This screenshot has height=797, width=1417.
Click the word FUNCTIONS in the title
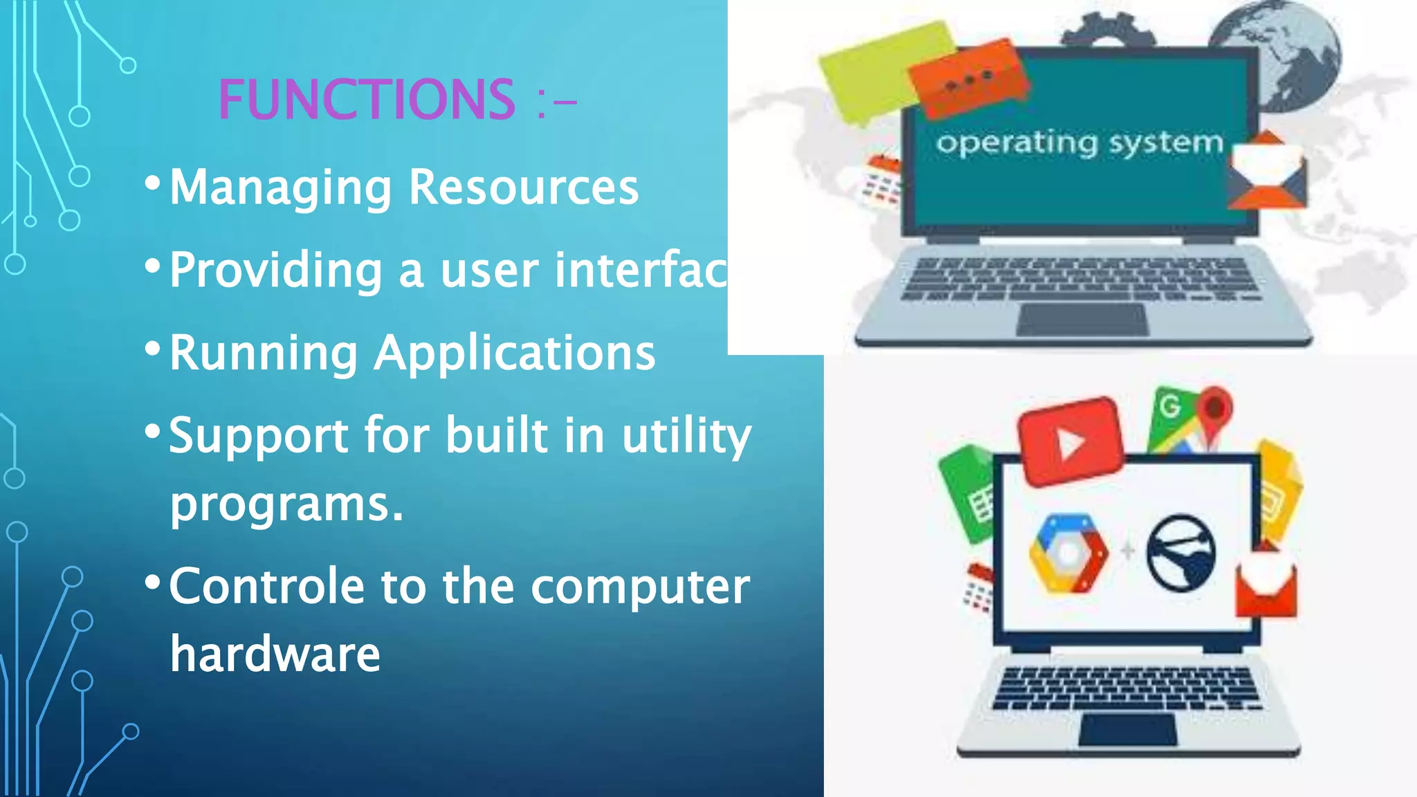click(367, 100)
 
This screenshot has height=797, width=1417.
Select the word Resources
click(524, 187)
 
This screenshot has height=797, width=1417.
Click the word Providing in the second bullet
click(276, 270)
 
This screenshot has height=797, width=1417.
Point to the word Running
click(264, 353)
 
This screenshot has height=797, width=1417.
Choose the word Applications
click(515, 353)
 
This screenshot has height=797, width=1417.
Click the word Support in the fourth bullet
click(259, 436)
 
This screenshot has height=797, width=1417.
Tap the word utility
click(686, 436)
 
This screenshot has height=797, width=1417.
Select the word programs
click(286, 504)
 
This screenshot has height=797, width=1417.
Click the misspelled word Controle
click(267, 586)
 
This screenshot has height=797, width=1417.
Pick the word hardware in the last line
click(275, 654)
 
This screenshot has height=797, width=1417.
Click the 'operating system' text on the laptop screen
click(1079, 143)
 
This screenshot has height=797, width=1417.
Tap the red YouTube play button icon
click(1070, 441)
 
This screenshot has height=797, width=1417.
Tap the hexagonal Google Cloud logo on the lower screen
click(1068, 553)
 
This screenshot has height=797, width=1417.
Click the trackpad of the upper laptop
click(1081, 320)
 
